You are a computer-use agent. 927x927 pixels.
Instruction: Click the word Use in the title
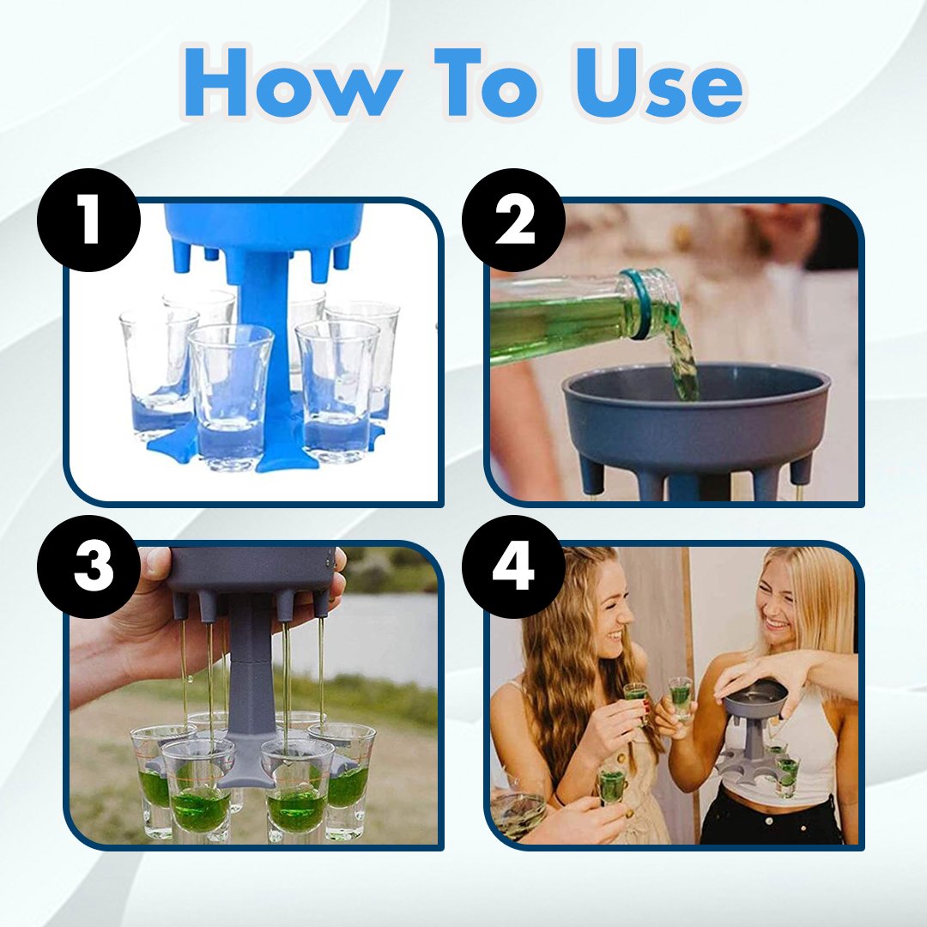[x=657, y=82]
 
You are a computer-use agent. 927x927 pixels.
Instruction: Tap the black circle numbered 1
[x=89, y=220]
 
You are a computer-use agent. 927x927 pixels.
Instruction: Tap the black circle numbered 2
[x=514, y=220]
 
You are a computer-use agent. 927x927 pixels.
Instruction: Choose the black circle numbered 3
[x=89, y=566]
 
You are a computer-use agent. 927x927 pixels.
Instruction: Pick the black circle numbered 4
[x=514, y=566]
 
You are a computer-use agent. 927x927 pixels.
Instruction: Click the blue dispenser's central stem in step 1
[x=260, y=354]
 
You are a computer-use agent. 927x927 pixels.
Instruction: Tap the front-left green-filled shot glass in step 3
[x=197, y=790]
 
